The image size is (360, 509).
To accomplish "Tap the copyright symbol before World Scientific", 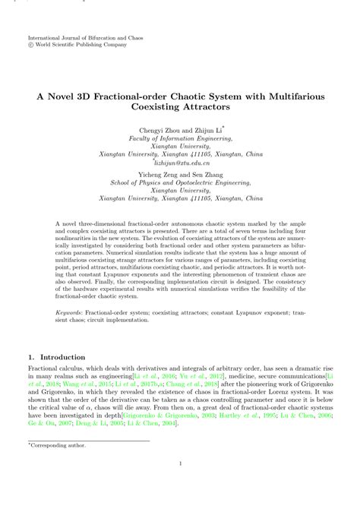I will click(30, 44).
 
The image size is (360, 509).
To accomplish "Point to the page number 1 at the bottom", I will click(180, 485).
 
